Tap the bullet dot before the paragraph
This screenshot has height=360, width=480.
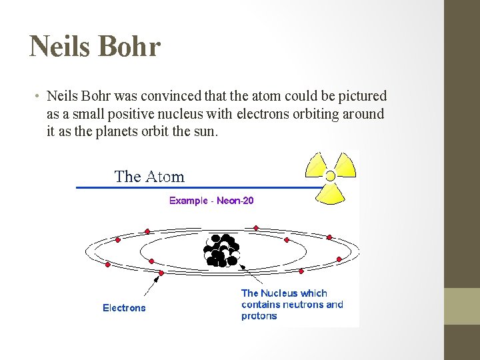point(38,96)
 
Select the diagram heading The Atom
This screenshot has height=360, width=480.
point(149,177)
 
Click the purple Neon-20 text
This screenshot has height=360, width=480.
point(235,201)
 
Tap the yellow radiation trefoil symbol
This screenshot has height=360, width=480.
point(330,177)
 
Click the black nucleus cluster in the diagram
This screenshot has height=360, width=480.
point(222,250)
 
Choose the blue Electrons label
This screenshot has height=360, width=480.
point(124,308)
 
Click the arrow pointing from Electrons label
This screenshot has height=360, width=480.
point(152,285)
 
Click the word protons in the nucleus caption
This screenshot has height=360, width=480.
point(259,316)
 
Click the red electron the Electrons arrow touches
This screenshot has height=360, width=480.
point(160,273)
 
